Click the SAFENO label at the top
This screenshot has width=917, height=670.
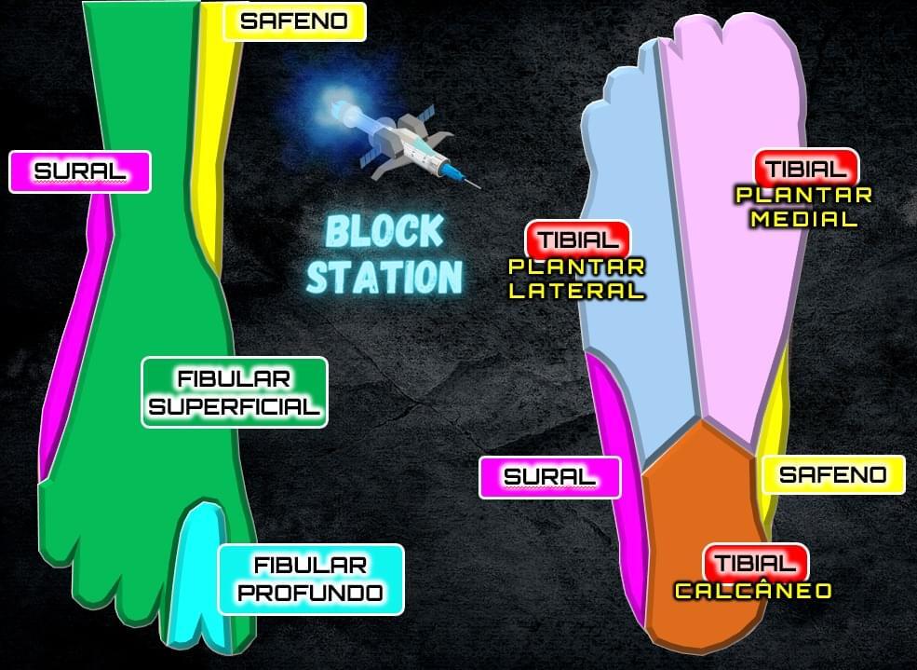pyautogui.click(x=294, y=21)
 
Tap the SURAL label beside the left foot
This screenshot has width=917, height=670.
pyautogui.click(x=80, y=171)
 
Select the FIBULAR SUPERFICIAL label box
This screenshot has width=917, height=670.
pyautogui.click(x=235, y=392)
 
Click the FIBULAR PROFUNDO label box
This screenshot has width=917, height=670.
pyautogui.click(x=311, y=579)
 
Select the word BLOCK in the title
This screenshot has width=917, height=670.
pyautogui.click(x=385, y=232)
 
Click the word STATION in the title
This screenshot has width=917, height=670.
pyautogui.click(x=384, y=277)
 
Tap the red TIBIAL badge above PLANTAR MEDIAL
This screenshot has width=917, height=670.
pyautogui.click(x=806, y=169)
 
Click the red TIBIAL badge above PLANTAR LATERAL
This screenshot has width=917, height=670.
pyautogui.click(x=578, y=239)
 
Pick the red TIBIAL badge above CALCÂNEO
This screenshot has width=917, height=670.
pyautogui.click(x=756, y=563)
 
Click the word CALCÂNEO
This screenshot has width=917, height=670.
pyautogui.click(x=752, y=591)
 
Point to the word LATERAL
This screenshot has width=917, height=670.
pyautogui.click(x=577, y=290)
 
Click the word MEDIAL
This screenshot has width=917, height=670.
pyautogui.click(x=803, y=220)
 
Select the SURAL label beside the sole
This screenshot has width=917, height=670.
pyautogui.click(x=549, y=477)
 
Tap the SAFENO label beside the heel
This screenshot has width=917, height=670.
pyautogui.click(x=833, y=475)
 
